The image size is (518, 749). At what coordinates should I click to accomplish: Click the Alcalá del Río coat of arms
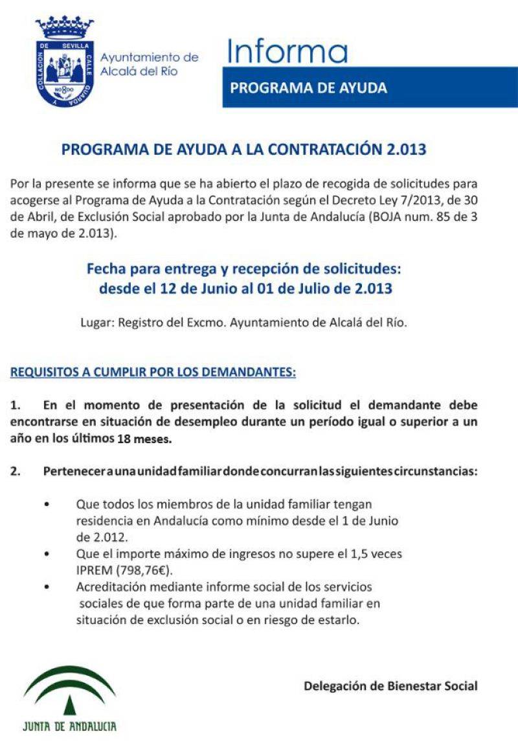pos(65,63)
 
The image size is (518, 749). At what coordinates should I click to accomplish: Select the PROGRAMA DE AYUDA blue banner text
pos(309,87)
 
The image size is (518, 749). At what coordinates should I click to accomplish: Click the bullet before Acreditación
pos(47,587)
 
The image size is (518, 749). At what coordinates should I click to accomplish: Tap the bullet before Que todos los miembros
pos(47,503)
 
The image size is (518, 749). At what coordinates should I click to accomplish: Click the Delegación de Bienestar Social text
pos(390,686)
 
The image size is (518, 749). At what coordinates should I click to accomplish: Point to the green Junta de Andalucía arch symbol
pos(69,688)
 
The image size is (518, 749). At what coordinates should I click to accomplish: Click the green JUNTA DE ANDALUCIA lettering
pos(69,726)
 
